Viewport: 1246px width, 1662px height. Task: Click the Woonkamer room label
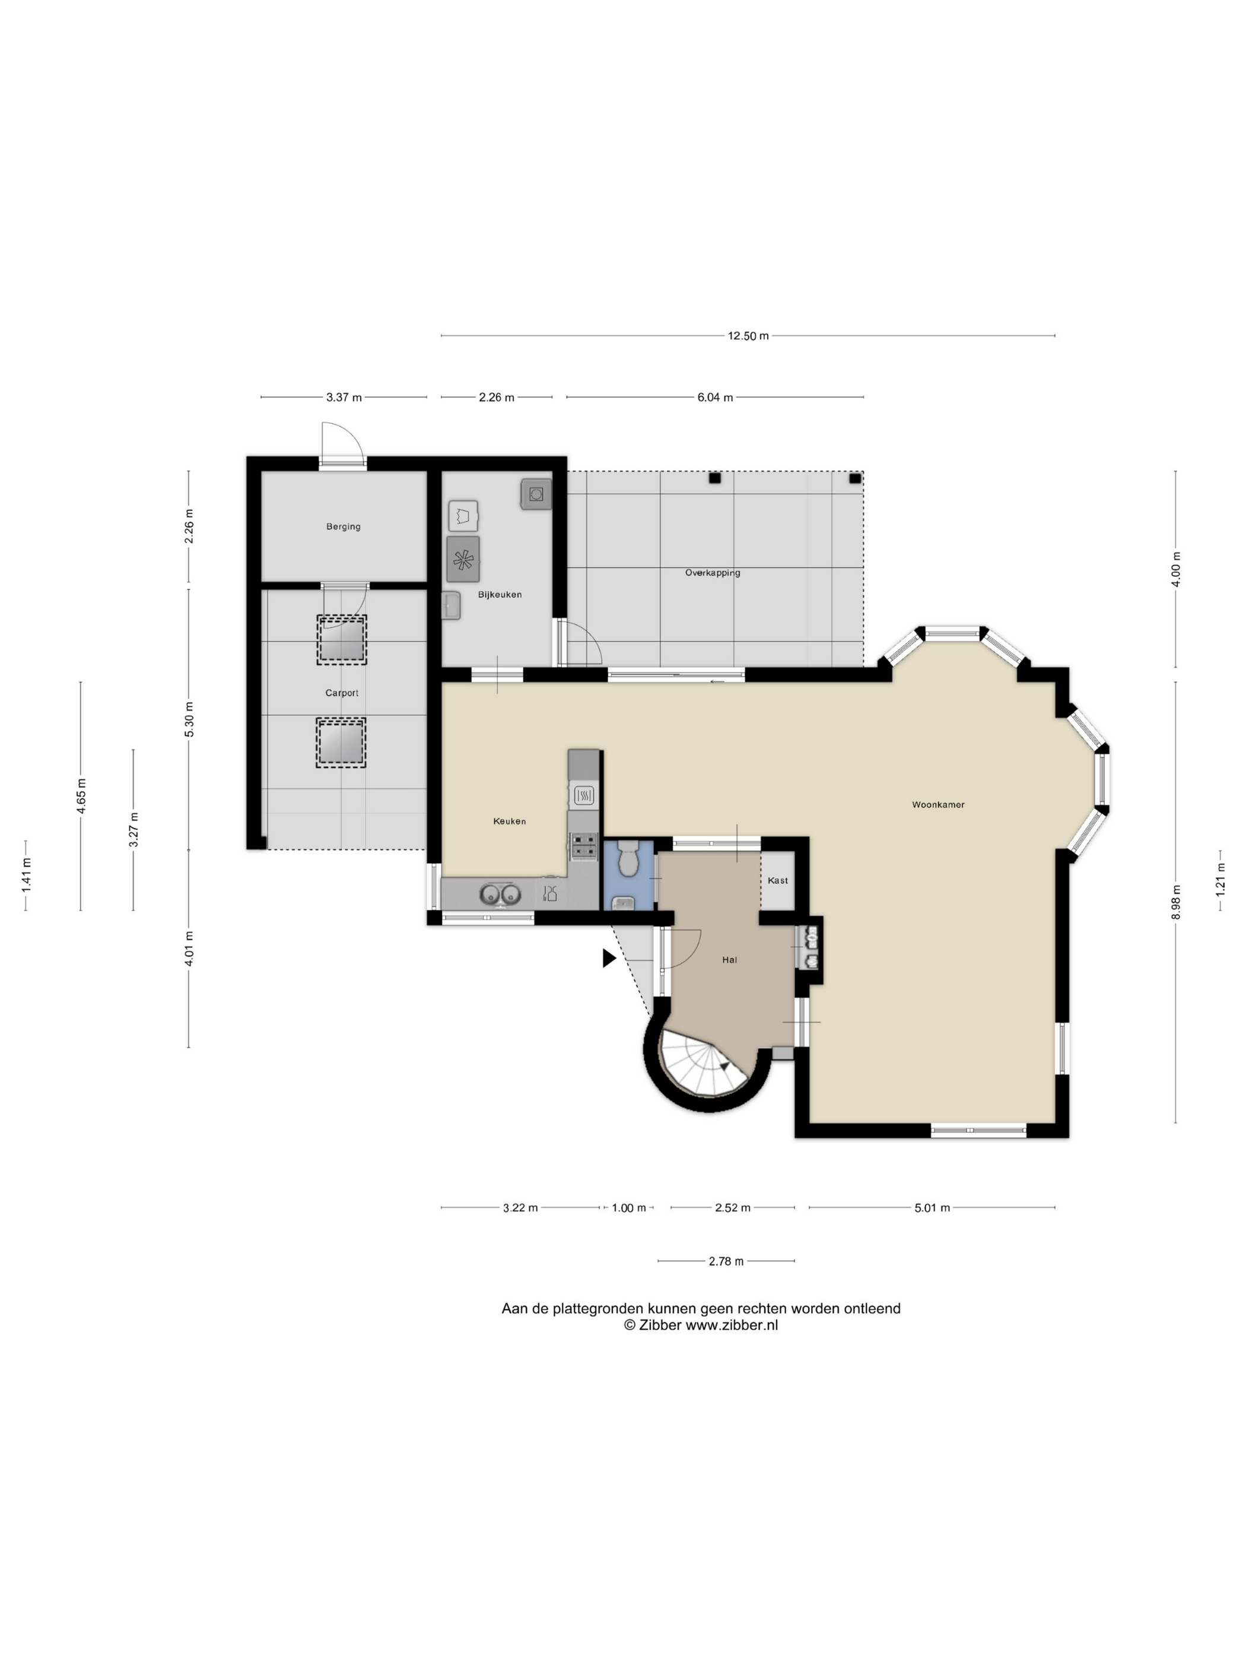pos(938,805)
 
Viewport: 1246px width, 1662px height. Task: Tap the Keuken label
pos(509,822)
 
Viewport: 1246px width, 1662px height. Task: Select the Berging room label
pos(343,526)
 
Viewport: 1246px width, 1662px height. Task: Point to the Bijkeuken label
pos(500,594)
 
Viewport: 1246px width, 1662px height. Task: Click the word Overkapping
pos(713,573)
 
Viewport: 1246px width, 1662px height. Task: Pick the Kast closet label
pos(778,881)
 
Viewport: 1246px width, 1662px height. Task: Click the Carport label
pos(342,693)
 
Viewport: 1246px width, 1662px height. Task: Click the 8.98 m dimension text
pos(1176,901)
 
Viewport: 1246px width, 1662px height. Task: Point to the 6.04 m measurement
pos(715,398)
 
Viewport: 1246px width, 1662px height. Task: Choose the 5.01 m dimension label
pos(932,1208)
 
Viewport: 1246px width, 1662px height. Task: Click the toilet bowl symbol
pos(628,858)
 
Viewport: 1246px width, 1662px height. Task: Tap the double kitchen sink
pos(500,894)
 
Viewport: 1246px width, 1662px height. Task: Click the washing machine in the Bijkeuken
pos(463,559)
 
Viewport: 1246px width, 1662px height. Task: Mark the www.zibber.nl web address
pos(732,1326)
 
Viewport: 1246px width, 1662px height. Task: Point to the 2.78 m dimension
pos(726,1261)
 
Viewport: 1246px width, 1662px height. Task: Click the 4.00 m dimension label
pos(1176,569)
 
